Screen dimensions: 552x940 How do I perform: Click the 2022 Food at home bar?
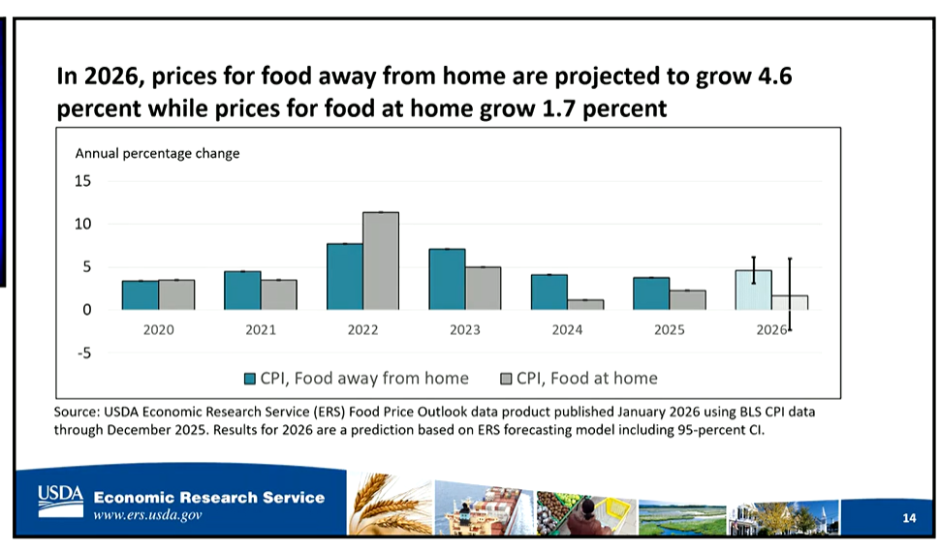(x=380, y=261)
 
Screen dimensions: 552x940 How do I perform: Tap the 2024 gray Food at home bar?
(x=584, y=304)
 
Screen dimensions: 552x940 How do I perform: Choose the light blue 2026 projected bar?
(x=753, y=290)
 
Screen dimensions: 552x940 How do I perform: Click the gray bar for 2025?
(x=687, y=299)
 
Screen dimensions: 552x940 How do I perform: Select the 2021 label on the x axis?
(x=260, y=330)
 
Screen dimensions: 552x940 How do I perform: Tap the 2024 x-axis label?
(x=567, y=330)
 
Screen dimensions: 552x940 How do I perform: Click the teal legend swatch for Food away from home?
(x=249, y=379)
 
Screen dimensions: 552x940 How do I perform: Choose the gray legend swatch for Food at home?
(x=506, y=379)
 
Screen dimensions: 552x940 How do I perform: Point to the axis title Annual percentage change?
(x=157, y=153)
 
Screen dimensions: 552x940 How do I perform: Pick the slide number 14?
(x=908, y=519)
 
